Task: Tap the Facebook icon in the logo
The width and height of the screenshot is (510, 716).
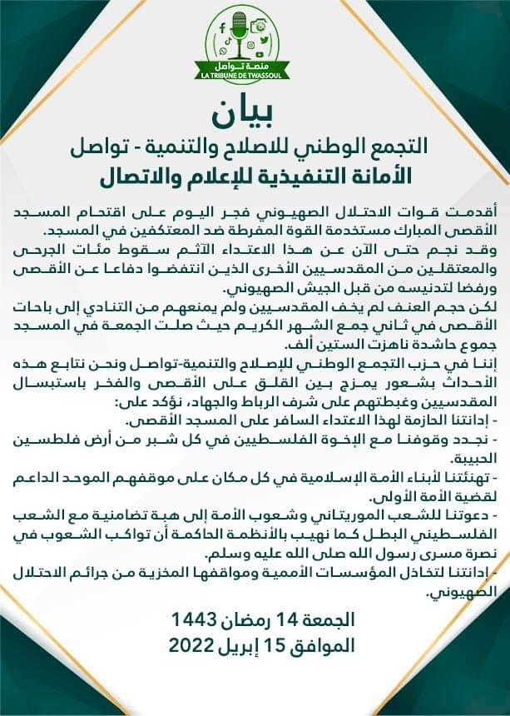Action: coord(223,27)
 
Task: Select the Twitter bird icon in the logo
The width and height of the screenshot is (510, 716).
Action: coord(265,41)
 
